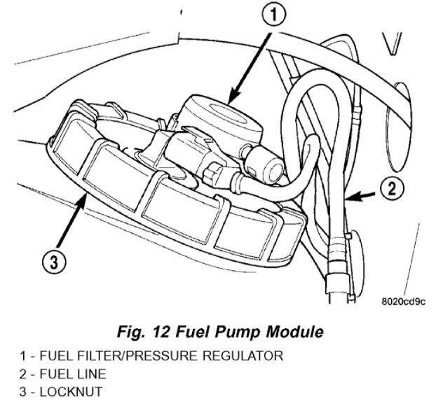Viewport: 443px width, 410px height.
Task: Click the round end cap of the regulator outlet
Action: (x=272, y=166)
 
